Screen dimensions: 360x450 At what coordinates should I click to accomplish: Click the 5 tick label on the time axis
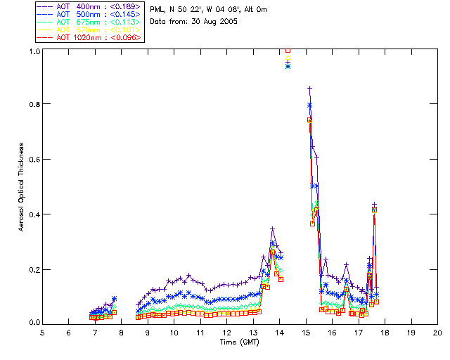click(42, 332)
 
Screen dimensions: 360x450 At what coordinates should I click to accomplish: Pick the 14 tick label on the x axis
click(279, 332)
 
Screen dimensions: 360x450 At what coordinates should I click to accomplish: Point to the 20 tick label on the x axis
click(437, 332)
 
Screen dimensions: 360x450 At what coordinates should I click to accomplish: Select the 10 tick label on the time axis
click(174, 332)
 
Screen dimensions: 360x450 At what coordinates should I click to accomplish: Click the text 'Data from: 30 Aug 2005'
click(193, 22)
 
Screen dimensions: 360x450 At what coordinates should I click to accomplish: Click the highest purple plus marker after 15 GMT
click(309, 88)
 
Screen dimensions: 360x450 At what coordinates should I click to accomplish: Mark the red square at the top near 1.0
click(288, 51)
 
